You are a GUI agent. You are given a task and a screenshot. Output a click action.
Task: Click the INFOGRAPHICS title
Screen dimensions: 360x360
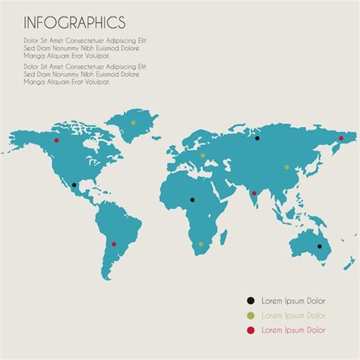(74, 22)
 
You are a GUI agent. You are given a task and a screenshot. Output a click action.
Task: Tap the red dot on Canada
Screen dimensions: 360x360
(56, 140)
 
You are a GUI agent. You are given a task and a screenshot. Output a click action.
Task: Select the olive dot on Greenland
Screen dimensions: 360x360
(133, 122)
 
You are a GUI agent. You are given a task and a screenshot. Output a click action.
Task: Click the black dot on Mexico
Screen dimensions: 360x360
(74, 185)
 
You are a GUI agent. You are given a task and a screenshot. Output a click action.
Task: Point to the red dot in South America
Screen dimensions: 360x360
(114, 245)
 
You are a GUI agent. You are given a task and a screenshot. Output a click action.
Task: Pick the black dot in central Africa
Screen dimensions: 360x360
(192, 200)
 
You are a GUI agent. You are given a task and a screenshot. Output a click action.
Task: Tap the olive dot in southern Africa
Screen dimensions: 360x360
(201, 245)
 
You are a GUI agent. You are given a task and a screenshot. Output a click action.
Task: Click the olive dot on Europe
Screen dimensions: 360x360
(204, 157)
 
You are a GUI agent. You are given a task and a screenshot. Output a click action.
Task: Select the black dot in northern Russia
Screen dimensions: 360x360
(257, 138)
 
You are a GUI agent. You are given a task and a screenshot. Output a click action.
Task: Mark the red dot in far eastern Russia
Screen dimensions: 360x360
(341, 138)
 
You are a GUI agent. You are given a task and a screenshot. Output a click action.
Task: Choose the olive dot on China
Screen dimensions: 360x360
(286, 167)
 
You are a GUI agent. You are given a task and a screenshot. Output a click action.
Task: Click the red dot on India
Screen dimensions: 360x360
(254, 193)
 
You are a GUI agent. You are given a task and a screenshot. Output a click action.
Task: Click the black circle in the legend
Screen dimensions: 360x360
(251, 302)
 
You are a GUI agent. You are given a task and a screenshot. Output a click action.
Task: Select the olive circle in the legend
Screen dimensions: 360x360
(251, 315)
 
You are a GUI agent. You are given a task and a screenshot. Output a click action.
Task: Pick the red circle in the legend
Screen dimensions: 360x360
(251, 330)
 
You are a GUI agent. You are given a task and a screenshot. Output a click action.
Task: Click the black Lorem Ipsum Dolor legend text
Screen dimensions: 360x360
(293, 302)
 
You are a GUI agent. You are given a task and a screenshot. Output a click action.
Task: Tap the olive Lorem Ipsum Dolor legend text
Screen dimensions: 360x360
(293, 315)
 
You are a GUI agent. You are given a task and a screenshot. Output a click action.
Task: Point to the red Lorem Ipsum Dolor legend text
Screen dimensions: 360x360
(293, 330)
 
